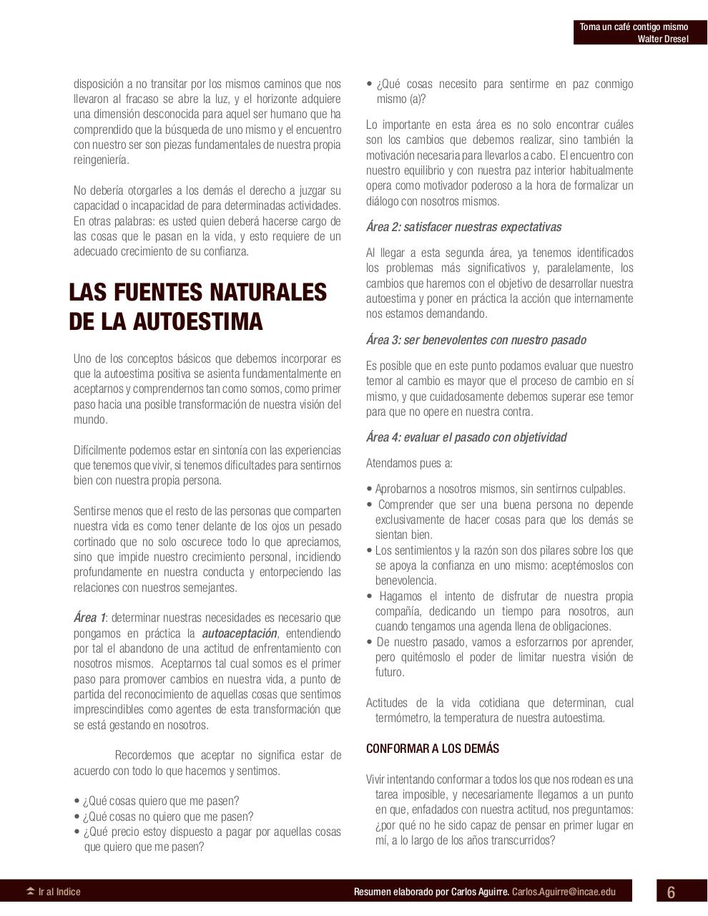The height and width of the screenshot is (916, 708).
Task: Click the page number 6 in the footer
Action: tap(671, 892)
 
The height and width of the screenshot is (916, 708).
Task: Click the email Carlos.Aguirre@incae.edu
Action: tap(564, 892)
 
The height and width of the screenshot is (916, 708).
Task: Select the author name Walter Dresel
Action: tap(663, 39)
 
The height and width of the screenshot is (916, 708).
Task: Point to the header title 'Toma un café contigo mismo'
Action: tap(634, 27)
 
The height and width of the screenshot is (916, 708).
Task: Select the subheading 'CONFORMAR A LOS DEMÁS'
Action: tap(433, 749)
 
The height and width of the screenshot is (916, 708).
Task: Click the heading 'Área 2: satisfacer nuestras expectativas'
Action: tap(463, 227)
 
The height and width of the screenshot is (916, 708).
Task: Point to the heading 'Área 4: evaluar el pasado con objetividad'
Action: tap(466, 437)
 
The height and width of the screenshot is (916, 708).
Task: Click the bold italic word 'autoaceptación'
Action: tap(239, 633)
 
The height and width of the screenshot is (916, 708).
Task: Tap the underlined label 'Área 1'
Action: tap(89, 618)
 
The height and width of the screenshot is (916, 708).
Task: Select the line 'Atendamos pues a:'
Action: tap(409, 463)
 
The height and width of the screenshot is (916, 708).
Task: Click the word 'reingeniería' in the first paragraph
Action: tap(102, 160)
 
